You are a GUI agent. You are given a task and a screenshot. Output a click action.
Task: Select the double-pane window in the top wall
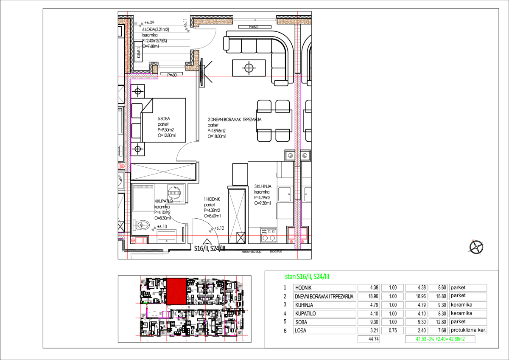pos(255,20)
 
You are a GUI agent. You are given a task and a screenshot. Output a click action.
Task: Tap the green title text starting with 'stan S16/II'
pos(307,277)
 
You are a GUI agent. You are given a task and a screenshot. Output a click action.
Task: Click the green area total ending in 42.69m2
pos(440,339)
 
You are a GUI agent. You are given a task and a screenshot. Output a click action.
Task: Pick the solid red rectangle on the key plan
pos(176,292)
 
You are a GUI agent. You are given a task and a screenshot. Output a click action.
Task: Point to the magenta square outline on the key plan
pos(165,315)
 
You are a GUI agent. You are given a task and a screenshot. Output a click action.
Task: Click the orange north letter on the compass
pos(473,240)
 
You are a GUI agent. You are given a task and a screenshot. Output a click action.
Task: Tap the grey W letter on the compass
pos(469,251)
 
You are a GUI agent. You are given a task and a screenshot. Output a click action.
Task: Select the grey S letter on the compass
pos(480,254)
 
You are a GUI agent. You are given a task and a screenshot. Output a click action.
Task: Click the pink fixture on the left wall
pos(122,166)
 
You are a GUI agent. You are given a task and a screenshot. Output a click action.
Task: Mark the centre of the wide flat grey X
pos(163,172)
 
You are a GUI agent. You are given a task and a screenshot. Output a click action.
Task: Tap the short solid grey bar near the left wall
pos(143,186)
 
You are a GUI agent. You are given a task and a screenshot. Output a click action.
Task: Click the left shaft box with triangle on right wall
pos(291,156)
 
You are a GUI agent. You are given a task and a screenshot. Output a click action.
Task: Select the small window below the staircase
pos(172,67)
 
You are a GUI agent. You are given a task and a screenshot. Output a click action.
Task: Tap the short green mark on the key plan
pos(145,303)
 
